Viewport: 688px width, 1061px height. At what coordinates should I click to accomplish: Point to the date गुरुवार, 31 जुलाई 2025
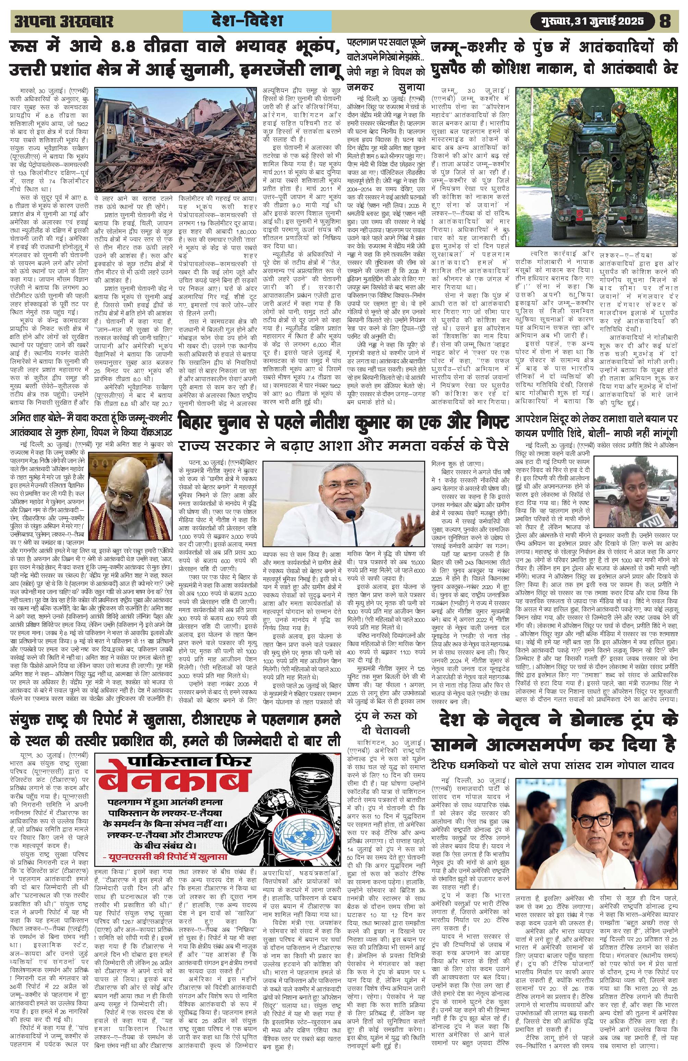[588, 21]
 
